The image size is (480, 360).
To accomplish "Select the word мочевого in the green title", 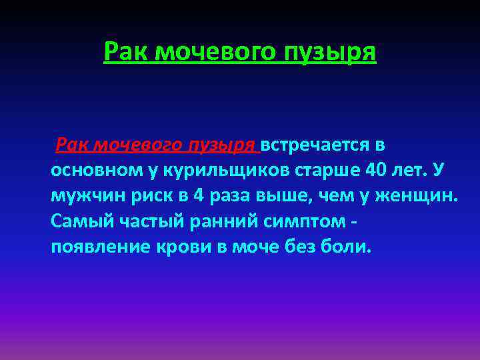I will coord(217,51).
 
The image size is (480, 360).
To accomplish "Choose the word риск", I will coord(143,196).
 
